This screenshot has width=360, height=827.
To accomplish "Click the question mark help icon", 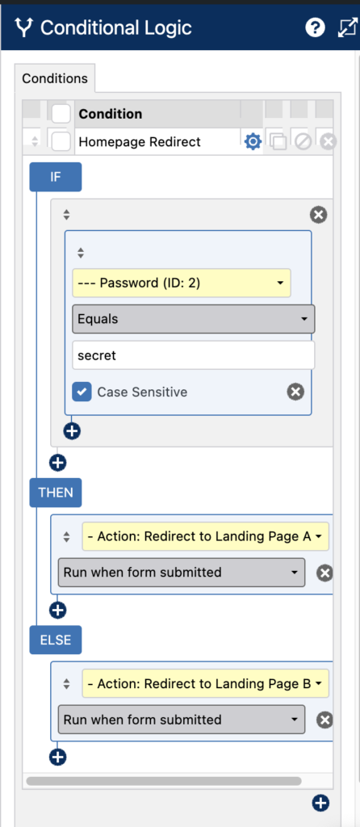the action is (315, 28).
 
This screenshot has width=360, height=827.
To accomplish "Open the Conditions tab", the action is (55, 78).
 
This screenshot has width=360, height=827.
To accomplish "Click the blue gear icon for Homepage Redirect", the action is (253, 142).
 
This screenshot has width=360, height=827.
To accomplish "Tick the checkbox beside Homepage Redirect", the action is (61, 142).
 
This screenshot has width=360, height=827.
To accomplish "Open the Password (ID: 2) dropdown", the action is (182, 283).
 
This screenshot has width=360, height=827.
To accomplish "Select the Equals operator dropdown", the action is (194, 319).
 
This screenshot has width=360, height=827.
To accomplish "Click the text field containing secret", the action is (194, 355).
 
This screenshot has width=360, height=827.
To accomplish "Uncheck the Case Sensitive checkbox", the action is (82, 392).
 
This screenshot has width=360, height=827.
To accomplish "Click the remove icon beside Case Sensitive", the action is (295, 392).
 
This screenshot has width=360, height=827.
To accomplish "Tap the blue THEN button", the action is (56, 493).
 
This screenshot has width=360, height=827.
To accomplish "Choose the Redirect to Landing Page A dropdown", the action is (206, 536).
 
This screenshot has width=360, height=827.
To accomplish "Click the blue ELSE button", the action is (56, 640).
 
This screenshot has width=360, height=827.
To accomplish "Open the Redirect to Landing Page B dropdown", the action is (206, 684).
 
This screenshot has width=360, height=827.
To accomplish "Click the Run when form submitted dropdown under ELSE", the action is (182, 720).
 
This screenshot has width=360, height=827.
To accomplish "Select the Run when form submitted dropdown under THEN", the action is (182, 573).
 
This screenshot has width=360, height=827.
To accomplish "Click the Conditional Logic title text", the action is (116, 28).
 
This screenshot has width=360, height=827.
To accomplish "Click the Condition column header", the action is (110, 114).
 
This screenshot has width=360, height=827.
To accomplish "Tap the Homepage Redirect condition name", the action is (140, 142).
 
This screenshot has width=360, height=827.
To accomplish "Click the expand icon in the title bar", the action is (348, 28).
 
